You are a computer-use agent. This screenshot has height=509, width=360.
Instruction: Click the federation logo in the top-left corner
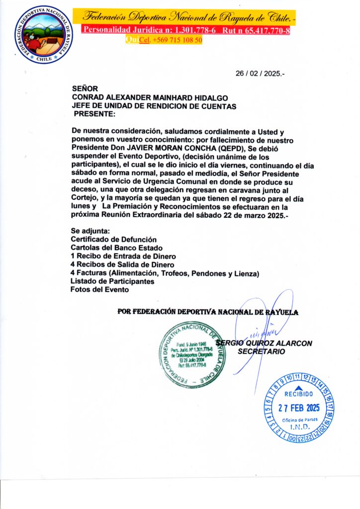43,34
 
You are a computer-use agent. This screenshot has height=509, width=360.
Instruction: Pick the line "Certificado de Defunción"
113,239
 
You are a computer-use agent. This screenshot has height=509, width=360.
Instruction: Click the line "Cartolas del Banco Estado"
116,248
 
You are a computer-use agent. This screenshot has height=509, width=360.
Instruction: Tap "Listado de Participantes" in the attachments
111,281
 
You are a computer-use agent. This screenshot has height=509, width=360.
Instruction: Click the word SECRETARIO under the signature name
262,351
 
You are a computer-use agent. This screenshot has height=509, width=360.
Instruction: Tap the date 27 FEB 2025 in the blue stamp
298,408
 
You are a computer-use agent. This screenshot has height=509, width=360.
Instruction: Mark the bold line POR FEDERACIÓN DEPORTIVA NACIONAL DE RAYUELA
207,312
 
